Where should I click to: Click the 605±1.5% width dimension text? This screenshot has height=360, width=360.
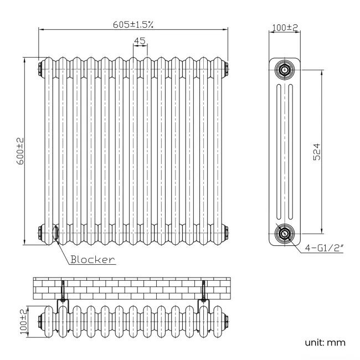[133, 24]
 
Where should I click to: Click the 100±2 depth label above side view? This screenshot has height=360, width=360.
[284, 27]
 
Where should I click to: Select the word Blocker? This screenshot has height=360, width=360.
[92, 259]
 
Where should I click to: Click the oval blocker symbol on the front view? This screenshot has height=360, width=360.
[55, 232]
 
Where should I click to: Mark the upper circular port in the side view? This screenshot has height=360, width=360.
[284, 70]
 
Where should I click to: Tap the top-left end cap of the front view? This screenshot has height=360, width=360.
[42, 69]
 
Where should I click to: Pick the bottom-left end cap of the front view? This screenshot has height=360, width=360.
[42, 231]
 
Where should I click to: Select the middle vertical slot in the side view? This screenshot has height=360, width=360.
[284, 151]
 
